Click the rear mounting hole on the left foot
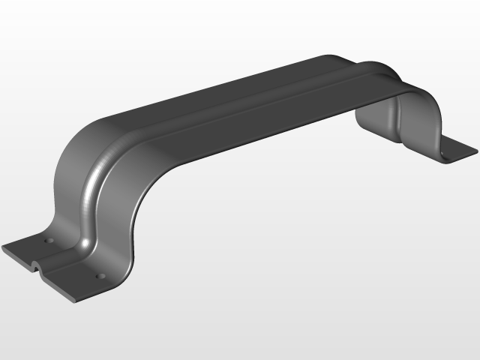(49, 241)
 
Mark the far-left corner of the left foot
(4, 250)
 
